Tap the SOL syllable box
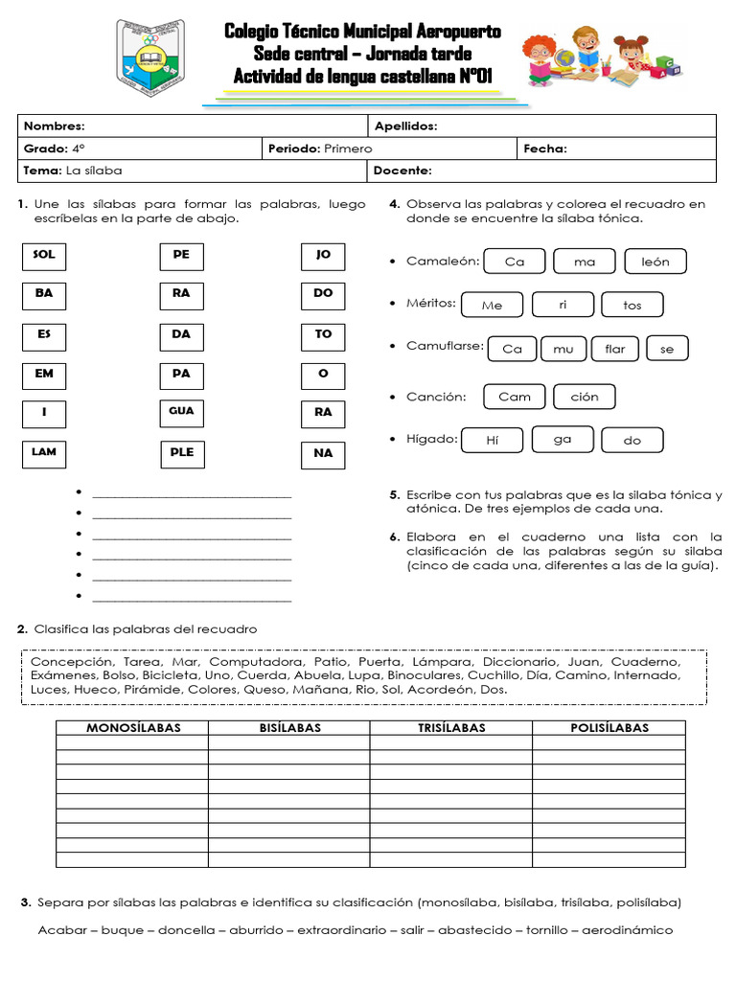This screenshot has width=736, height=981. (44, 256)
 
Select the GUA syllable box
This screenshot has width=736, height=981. (181, 412)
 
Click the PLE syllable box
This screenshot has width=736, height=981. (181, 452)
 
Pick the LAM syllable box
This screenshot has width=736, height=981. (44, 452)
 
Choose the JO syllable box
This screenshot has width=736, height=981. (323, 256)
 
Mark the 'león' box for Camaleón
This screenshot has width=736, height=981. (655, 262)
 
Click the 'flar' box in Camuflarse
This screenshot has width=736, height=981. (615, 349)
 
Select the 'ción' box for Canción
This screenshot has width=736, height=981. (584, 397)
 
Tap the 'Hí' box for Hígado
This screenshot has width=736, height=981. (493, 441)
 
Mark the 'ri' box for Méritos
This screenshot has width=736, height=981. (563, 305)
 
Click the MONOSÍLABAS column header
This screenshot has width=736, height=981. (133, 728)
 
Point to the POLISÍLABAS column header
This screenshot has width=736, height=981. (609, 728)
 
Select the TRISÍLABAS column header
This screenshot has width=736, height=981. (450, 728)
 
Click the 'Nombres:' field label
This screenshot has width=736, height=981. (54, 126)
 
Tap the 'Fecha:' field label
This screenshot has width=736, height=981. (544, 148)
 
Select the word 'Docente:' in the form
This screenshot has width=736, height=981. (402, 171)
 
